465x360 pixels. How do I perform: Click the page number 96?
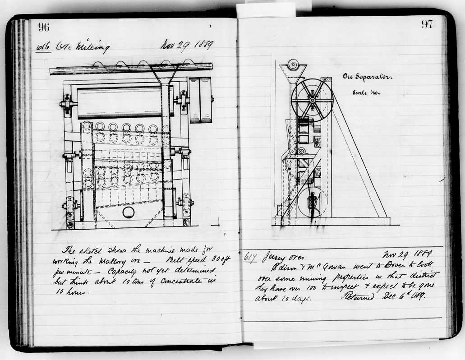pos(44,27)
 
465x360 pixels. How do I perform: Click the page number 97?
pos(427,24)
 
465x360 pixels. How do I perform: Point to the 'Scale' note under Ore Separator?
pos(366,92)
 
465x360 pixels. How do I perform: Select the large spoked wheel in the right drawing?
pos(312,99)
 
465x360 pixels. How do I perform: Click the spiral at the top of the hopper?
pos(293,65)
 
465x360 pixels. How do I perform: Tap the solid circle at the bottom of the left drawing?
pos(128,212)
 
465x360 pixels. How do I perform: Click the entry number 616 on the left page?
pos(43,47)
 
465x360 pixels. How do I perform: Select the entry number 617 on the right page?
pos(249,258)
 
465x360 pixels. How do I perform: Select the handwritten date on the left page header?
pos(187,46)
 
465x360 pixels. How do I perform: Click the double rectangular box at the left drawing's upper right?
pos(200,100)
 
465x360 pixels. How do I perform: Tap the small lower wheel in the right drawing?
pos(312,202)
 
